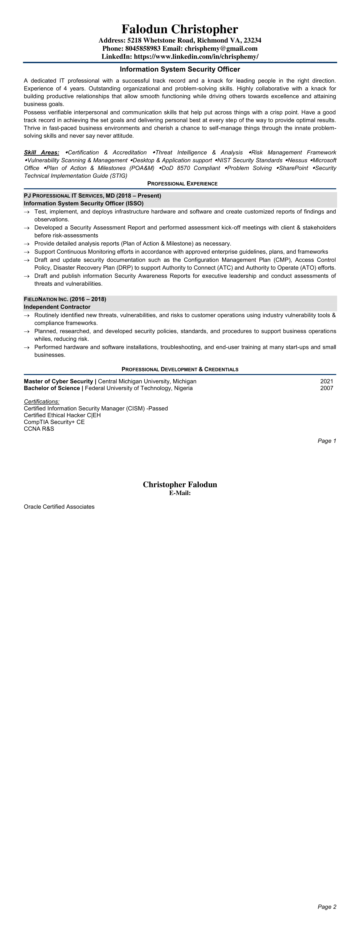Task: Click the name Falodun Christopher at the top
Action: click(x=180, y=29)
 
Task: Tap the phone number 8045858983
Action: click(x=143, y=49)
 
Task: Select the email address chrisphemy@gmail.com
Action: click(x=221, y=49)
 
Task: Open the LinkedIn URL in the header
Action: click(x=196, y=56)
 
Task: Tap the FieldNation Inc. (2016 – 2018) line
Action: click(x=65, y=299)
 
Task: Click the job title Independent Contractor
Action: click(x=57, y=307)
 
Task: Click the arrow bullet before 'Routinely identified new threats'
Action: click(x=26, y=315)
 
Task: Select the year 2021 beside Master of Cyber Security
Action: click(x=326, y=381)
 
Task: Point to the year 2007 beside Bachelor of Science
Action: click(x=326, y=388)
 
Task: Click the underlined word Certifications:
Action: click(x=42, y=402)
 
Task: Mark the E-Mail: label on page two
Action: click(x=180, y=493)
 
